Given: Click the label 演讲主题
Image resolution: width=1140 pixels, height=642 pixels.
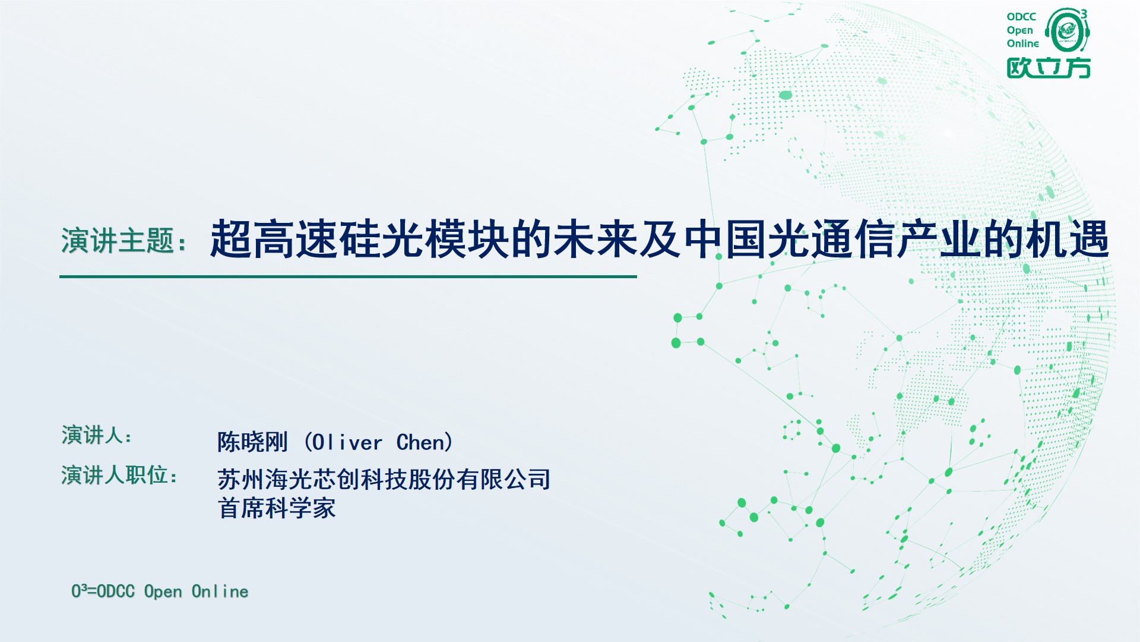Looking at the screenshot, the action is (118, 241).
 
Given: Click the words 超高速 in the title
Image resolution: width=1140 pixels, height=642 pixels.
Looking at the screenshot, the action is (274, 240).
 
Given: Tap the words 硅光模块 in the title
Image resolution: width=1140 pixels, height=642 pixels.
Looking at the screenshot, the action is (425, 240).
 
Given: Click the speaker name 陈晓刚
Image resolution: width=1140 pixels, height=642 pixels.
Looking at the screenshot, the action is (253, 442).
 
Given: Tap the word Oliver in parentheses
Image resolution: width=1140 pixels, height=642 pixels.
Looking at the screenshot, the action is (347, 442).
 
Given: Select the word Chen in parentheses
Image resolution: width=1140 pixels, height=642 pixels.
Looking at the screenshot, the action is (420, 442).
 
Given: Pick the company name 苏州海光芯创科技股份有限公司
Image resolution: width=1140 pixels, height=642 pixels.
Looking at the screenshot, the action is (384, 479).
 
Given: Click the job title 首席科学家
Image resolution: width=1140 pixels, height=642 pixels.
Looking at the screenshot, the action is (277, 509).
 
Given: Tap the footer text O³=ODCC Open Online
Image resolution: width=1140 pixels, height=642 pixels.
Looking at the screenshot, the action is (160, 591).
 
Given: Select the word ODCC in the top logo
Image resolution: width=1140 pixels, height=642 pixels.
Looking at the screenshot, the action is (1021, 17).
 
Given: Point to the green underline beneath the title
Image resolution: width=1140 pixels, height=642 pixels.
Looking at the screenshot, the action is (348, 276).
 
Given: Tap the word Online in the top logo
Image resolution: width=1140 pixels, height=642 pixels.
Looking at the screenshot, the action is (1022, 43).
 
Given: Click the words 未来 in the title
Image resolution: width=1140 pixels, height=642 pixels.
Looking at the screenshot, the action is (596, 240).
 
